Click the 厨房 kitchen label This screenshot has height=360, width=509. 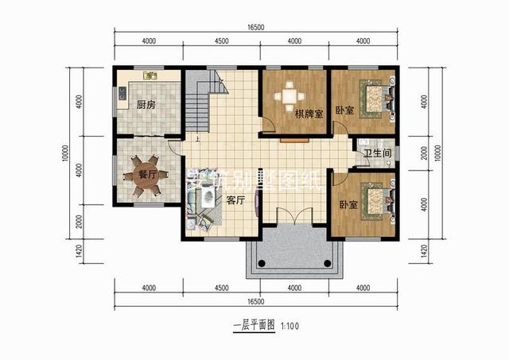[145, 105]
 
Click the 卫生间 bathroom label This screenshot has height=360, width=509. [375, 153]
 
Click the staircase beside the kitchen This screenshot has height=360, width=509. [202, 99]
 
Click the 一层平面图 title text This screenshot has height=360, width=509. [253, 326]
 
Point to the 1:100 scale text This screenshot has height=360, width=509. [288, 326]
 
